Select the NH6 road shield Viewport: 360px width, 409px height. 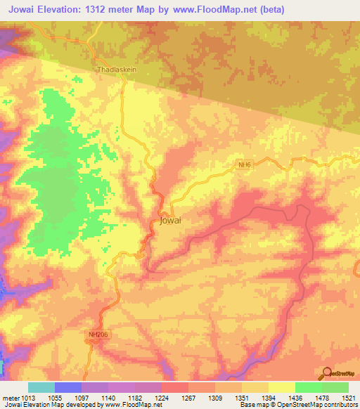(244, 164)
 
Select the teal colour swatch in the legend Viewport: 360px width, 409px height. (41, 387)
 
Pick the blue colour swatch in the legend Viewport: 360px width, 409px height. (68, 387)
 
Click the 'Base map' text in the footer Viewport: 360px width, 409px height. (251, 405)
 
